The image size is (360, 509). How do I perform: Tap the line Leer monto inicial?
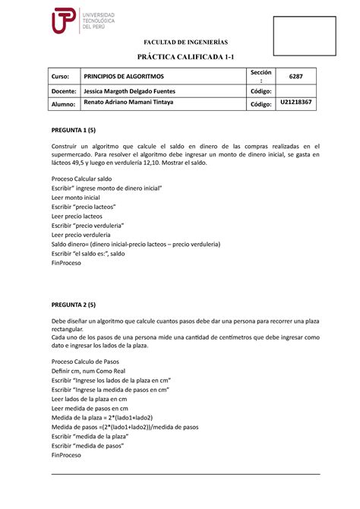pyautogui.click(x=75, y=197)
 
